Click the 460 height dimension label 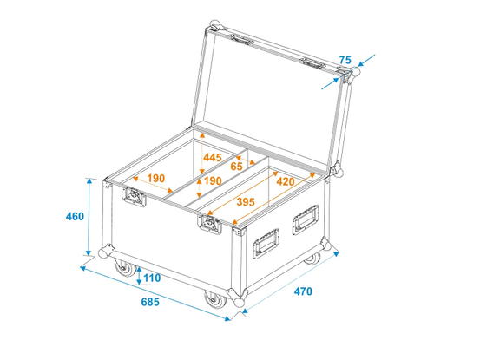[x=75, y=217]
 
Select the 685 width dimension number [x=150, y=302]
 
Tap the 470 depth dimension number [x=303, y=291]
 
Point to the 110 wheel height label [x=152, y=278]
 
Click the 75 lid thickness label [x=345, y=60]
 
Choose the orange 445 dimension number [x=213, y=158]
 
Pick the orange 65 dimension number [x=236, y=167]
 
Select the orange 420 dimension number [x=286, y=181]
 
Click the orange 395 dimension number [x=246, y=202]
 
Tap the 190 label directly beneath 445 [x=213, y=181]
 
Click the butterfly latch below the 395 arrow [x=209, y=224]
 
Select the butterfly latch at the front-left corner [x=134, y=197]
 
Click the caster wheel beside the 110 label [x=125, y=268]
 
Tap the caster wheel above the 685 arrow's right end [x=215, y=299]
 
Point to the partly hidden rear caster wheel [x=312, y=259]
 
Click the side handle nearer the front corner [x=266, y=243]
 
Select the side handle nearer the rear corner [x=306, y=219]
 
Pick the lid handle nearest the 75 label [x=313, y=63]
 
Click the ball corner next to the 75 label [x=356, y=72]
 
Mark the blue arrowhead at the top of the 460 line [x=89, y=180]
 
